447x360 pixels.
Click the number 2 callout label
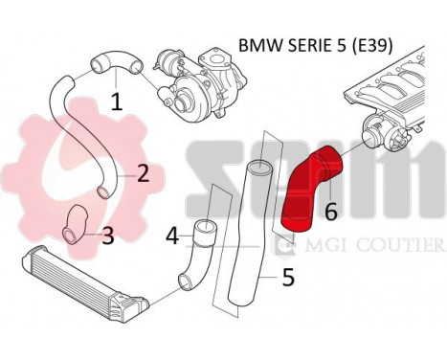[x=142, y=173]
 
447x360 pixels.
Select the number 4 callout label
[x=172, y=234]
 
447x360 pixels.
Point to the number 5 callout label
[x=287, y=278]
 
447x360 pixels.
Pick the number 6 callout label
[x=330, y=207]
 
